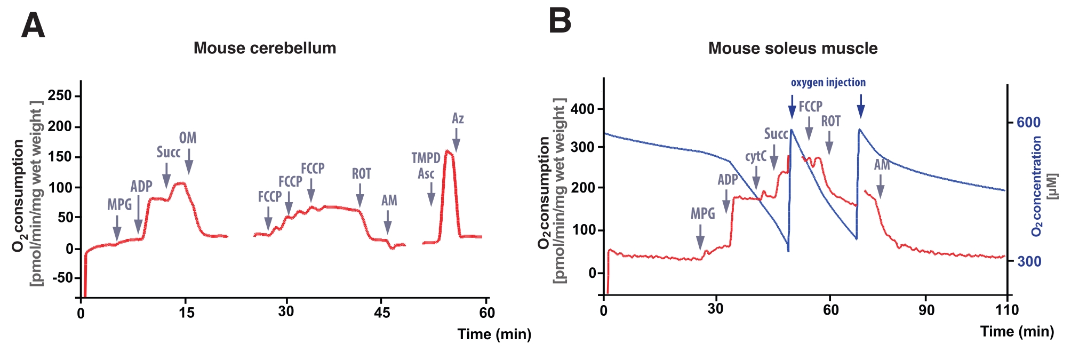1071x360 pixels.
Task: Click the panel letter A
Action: [x=33, y=25]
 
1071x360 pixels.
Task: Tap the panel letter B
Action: [x=560, y=21]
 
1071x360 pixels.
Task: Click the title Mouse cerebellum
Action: [x=265, y=48]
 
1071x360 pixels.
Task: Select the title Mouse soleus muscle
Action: [x=793, y=49]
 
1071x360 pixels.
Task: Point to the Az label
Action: [x=458, y=118]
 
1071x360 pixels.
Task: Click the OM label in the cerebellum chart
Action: [x=188, y=138]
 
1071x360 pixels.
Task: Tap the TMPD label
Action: [x=426, y=158]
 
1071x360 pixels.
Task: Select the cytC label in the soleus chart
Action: [x=756, y=156]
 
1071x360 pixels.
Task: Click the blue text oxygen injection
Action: [x=828, y=83]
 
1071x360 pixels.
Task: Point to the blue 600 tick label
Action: [x=1028, y=122]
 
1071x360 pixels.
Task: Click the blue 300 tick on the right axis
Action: [x=1029, y=261]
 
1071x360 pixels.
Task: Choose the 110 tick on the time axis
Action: [x=1007, y=310]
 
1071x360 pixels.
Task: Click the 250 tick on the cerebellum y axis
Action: [x=60, y=95]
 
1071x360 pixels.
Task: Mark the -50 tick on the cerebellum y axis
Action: [x=60, y=277]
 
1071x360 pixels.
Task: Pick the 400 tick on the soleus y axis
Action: [x=582, y=109]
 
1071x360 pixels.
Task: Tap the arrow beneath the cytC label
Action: [x=756, y=178]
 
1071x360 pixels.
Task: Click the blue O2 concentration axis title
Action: [x=1037, y=186]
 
